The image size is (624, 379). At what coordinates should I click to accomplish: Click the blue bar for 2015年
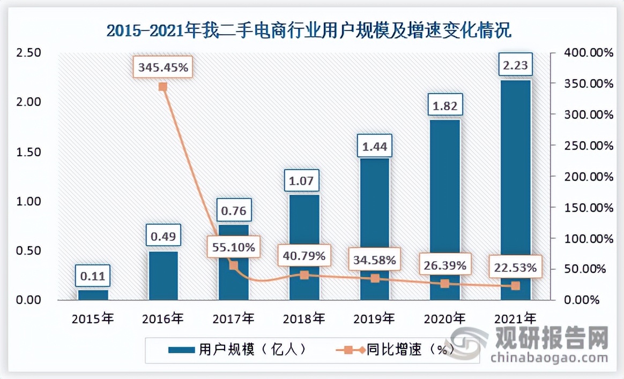[93, 294]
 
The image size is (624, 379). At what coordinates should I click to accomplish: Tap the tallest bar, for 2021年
[516, 189]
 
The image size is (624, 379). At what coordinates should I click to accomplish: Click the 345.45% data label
[163, 68]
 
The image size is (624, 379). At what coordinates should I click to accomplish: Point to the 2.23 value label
[515, 66]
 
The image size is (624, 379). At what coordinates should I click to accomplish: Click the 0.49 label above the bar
[163, 236]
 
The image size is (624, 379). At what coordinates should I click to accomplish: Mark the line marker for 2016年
[163, 87]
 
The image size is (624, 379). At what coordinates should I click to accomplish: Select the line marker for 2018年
[304, 275]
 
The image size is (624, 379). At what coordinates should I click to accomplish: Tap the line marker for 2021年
[516, 286]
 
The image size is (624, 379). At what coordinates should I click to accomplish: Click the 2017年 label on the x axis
[233, 319]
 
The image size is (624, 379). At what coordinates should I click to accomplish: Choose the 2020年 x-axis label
[445, 319]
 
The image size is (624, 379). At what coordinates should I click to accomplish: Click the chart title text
[309, 30]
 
